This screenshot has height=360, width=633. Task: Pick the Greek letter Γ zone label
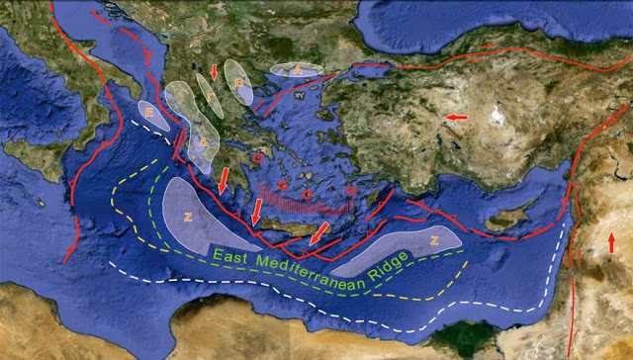point(238,81)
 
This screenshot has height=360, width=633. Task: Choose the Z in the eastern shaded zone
point(433,240)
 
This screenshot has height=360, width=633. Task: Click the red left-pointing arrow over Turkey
point(456,118)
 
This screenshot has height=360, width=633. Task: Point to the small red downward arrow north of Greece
point(216,72)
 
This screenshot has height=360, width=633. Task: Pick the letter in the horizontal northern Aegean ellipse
point(296,71)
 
